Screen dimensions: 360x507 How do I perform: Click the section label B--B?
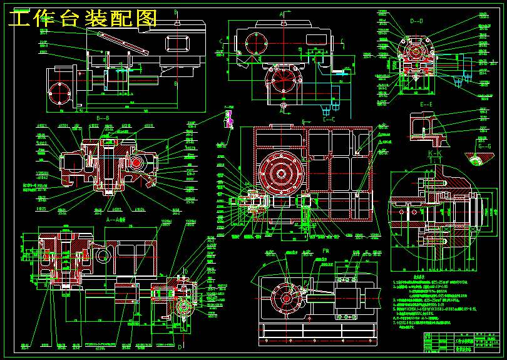point(103,117)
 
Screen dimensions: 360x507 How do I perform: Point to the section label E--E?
point(426,105)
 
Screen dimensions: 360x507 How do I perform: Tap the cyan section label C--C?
point(329,118)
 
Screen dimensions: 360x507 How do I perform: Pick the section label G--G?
point(484,146)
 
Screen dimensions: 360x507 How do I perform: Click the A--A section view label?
point(116,220)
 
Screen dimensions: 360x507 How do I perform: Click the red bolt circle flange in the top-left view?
point(61,95)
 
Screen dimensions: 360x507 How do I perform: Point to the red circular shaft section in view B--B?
point(135,163)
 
